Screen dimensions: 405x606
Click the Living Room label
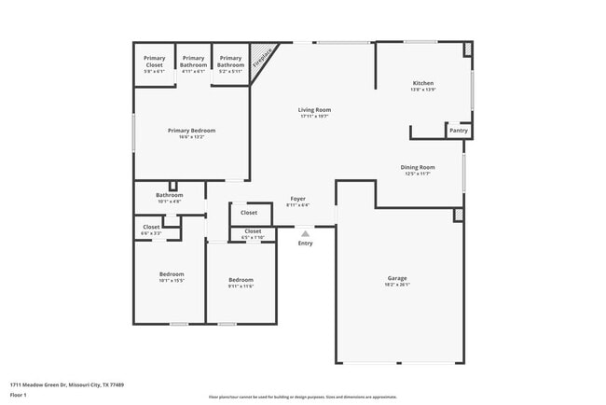coord(314,110)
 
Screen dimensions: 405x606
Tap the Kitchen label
coord(422,84)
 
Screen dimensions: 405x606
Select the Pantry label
coord(459,131)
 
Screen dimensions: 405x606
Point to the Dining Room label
coord(418,167)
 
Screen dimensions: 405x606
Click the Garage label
coord(397,278)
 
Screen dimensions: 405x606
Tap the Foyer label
coord(297,199)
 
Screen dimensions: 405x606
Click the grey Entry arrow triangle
coord(305,234)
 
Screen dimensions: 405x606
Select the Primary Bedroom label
coord(191,131)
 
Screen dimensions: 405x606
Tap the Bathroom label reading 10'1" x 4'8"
coord(170,195)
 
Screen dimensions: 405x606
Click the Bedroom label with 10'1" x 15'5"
coord(172,274)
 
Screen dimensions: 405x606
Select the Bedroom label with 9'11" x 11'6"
coord(241,280)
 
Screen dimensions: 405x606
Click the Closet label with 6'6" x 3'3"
coord(151,227)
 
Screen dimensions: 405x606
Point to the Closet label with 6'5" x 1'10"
coord(253,230)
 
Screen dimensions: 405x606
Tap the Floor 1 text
coord(19,395)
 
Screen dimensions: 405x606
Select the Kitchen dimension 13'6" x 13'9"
coord(422,90)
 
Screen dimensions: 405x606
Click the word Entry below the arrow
coord(305,244)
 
